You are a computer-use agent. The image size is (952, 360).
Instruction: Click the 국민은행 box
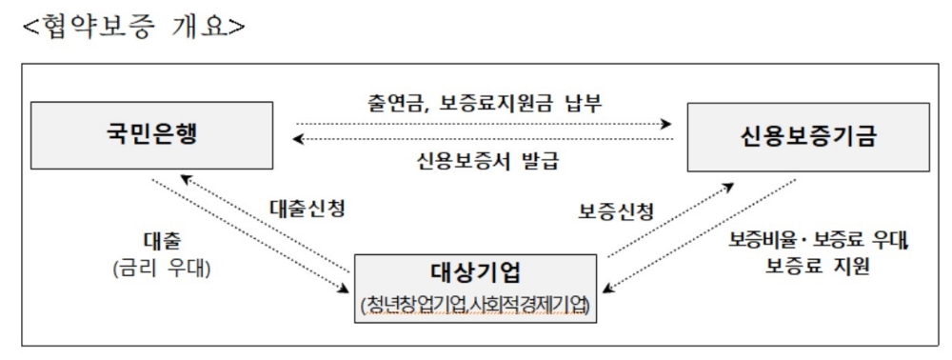tap(151, 133)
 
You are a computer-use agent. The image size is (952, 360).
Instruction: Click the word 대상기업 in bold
tap(476, 270)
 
